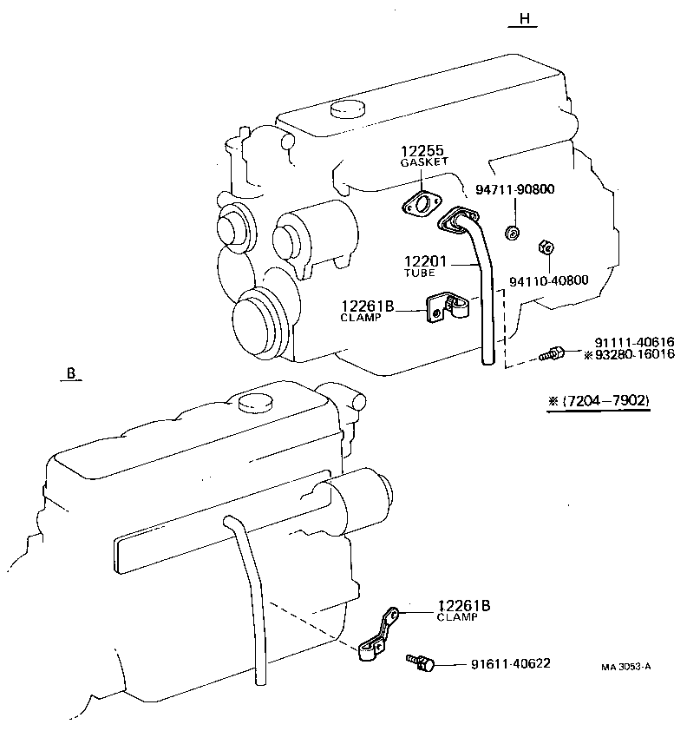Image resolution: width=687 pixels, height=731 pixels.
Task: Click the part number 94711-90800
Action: (514, 190)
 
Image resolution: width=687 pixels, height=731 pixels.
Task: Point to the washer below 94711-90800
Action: (514, 232)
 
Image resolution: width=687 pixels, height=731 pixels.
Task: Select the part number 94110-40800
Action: (548, 281)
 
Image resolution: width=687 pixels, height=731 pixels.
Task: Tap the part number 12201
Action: (424, 261)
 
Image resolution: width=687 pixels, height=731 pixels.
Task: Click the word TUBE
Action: (419, 273)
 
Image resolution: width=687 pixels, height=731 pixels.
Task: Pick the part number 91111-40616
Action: (634, 342)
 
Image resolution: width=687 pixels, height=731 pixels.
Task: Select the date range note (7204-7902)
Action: (599, 401)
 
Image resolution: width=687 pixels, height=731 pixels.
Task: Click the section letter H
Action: (523, 18)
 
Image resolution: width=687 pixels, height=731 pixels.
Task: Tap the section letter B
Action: (72, 374)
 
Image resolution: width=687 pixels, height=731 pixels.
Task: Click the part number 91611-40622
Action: (510, 664)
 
